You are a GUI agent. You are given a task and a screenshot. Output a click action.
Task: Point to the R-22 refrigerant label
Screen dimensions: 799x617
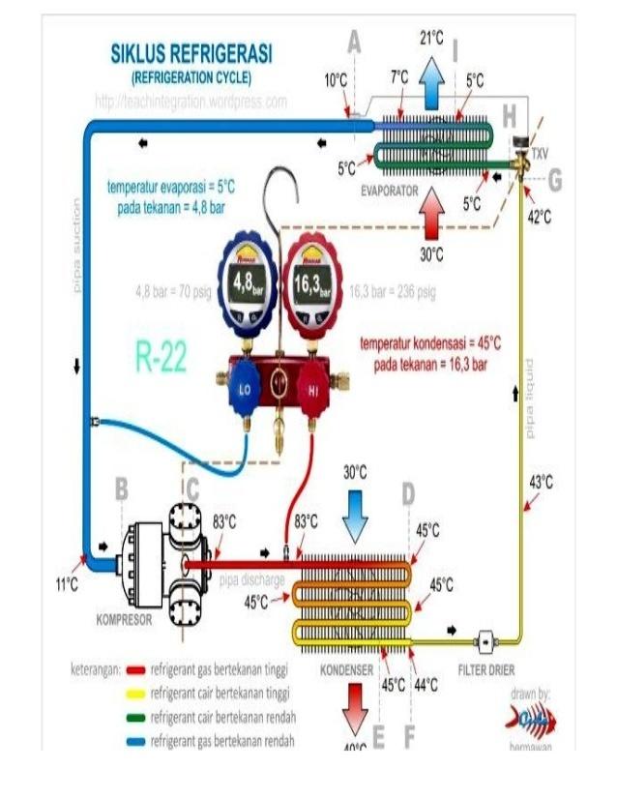[x=160, y=359]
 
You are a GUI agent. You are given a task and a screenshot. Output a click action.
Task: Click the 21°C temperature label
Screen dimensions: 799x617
[x=431, y=39]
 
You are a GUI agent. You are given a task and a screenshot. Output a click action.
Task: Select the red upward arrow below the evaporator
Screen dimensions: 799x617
[x=431, y=213]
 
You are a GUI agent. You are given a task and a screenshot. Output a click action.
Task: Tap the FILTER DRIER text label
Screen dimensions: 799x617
[x=485, y=669]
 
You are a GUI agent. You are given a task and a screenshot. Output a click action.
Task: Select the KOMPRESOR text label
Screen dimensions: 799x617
[x=124, y=620]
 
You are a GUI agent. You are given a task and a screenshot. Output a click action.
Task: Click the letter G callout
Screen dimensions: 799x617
[x=554, y=180]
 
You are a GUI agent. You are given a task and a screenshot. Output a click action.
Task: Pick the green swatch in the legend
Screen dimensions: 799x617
[x=135, y=718]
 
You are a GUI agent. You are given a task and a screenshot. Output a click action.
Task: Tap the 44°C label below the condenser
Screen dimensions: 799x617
[x=426, y=685]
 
